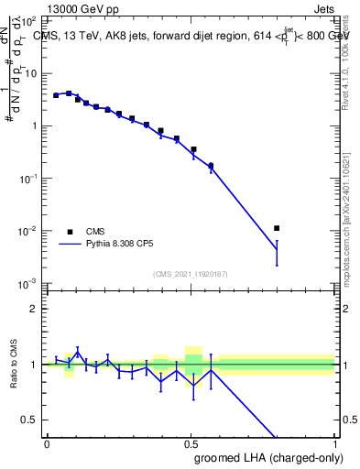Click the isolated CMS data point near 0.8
pyautogui.click(x=277, y=228)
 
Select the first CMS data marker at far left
pyautogui.click(x=56, y=95)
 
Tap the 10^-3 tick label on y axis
pyautogui.click(x=29, y=283)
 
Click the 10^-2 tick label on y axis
pyautogui.click(x=29, y=231)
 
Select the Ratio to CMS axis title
pyautogui.click(x=13, y=365)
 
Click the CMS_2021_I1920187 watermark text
pyautogui.click(x=191, y=274)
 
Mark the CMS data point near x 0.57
pyautogui.click(x=212, y=166)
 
